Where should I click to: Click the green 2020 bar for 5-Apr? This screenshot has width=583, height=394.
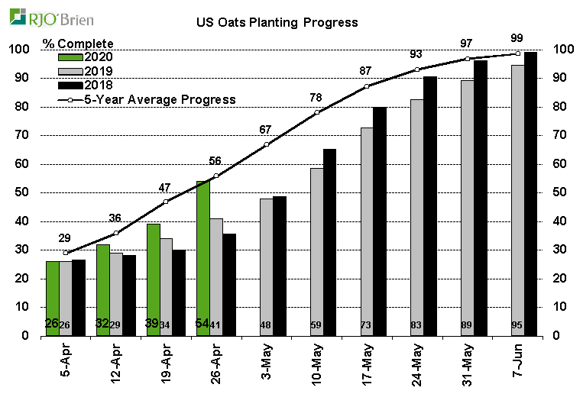(52, 298)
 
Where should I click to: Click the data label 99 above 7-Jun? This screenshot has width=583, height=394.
(517, 37)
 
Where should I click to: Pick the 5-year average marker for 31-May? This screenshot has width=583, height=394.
(468, 59)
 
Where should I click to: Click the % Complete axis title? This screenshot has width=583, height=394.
(78, 43)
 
